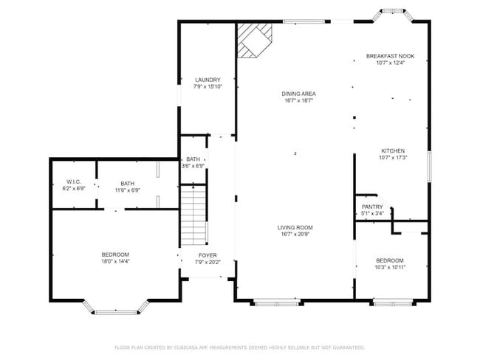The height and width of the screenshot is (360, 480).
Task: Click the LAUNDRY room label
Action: [x=208, y=80]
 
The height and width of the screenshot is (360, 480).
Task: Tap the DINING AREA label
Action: [x=298, y=94]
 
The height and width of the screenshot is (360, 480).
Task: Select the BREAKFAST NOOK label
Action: [x=390, y=56]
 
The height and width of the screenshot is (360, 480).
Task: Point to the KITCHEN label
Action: [x=392, y=150]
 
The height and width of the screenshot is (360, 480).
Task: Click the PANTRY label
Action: [x=371, y=207]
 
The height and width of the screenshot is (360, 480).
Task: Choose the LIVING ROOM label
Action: [x=295, y=227]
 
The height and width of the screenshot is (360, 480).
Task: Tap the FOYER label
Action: [x=208, y=255]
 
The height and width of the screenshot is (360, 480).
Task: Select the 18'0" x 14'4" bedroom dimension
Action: [x=115, y=261]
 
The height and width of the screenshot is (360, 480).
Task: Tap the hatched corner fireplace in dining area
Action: [x=254, y=39]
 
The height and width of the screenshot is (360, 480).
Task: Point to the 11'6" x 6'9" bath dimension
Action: [x=128, y=190]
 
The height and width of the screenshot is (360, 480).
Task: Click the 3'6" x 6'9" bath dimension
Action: [x=193, y=166]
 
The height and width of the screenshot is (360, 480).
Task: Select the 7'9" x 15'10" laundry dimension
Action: [x=208, y=86]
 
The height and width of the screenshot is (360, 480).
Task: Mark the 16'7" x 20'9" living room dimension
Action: [x=295, y=235]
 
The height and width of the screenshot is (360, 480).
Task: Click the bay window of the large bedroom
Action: [x=115, y=308]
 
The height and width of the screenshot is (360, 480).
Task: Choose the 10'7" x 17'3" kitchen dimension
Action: [x=392, y=157]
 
